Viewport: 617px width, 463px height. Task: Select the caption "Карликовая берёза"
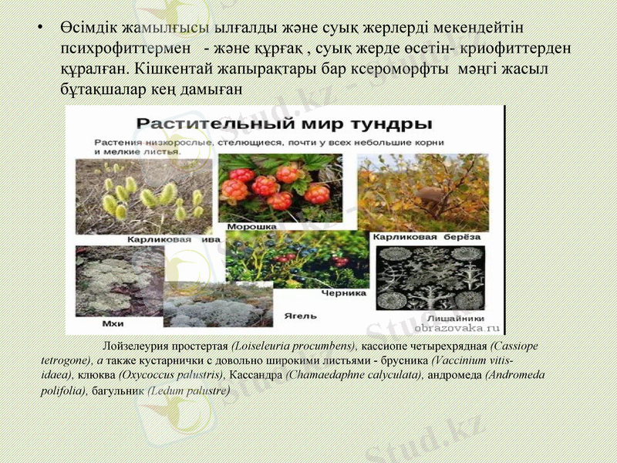click(427, 237)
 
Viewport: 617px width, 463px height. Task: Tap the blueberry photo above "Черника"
click(296, 259)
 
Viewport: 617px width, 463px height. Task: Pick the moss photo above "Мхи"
click(116, 281)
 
